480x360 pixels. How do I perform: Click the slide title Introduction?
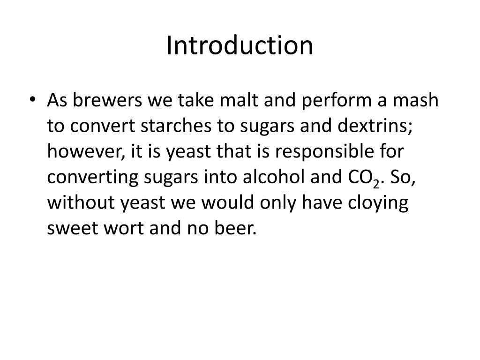pos(240,46)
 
